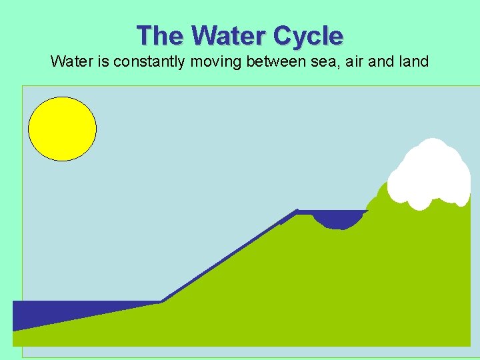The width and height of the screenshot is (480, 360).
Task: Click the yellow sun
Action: coord(63,129)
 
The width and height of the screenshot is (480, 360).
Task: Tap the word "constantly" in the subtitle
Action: coord(146,63)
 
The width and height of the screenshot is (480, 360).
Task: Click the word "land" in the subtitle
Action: coord(413,63)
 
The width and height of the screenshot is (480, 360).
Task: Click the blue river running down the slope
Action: coord(227,257)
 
